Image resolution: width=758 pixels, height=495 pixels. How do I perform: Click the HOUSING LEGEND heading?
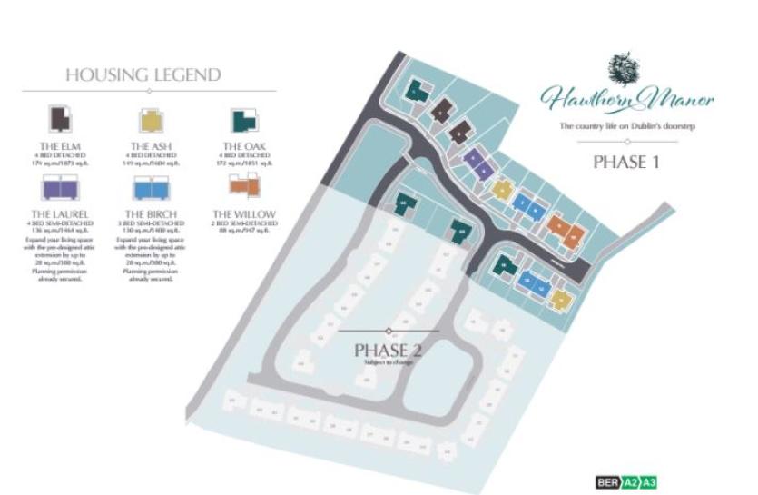[143, 74]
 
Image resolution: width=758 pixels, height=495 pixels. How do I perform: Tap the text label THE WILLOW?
[244, 214]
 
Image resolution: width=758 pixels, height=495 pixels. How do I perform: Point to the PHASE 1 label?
[625, 163]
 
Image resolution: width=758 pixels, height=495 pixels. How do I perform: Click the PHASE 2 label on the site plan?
[389, 350]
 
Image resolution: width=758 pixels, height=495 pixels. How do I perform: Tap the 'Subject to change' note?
[389, 362]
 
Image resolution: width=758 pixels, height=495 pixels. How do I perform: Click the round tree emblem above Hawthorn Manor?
[625, 68]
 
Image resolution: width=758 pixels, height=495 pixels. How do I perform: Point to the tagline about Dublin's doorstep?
[626, 125]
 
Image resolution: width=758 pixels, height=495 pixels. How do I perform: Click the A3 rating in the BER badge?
[649, 480]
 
